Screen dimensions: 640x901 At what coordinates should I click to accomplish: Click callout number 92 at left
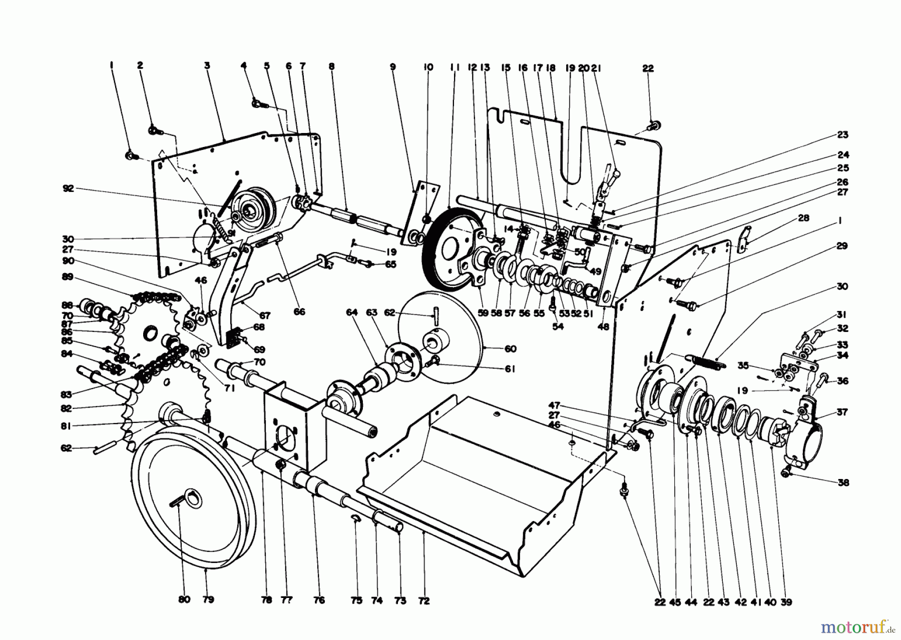[68, 188]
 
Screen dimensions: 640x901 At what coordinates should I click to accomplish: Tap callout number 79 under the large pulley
[208, 599]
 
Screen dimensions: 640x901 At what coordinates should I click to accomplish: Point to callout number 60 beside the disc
[511, 349]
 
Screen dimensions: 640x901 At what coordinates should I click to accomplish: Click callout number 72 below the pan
[424, 601]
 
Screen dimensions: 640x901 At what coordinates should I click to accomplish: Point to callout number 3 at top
[207, 65]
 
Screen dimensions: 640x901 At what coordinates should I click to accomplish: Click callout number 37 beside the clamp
[842, 412]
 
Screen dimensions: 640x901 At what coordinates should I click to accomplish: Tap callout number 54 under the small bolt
[558, 326]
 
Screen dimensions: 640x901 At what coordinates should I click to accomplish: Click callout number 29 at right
[842, 246]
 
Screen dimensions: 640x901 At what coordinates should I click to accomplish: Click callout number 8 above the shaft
[331, 65]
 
